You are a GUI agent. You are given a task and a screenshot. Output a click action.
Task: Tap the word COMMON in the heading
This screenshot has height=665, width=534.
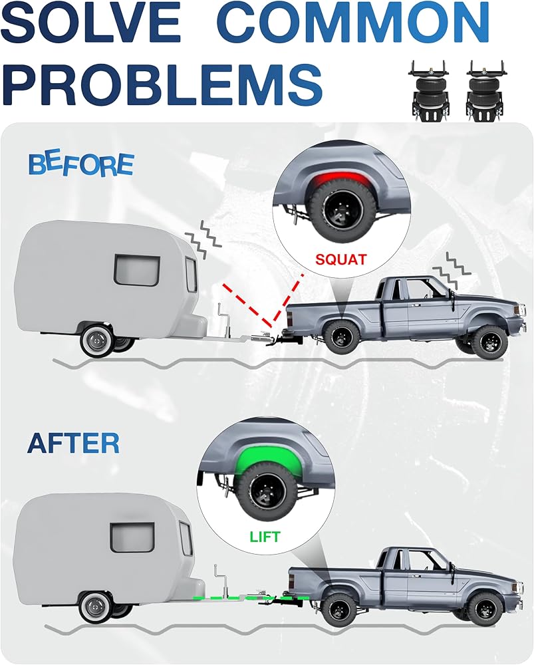353,24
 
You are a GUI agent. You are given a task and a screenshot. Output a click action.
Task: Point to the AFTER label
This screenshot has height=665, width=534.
73,444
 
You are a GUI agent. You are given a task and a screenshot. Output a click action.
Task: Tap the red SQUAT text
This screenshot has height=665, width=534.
340,259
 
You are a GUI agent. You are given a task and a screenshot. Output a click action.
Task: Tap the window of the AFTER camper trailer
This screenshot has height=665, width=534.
133,537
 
